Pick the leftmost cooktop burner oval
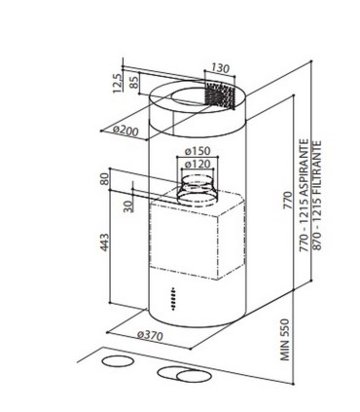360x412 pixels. (x=119, y=363)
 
